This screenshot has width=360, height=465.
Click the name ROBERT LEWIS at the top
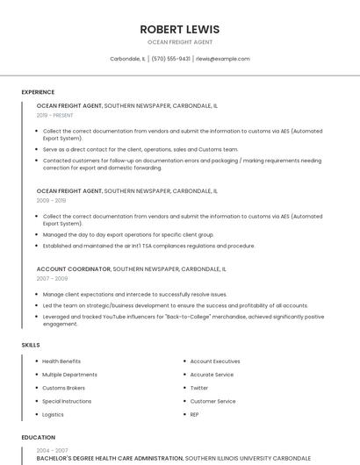[x=179, y=29]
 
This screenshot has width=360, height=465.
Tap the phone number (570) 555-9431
[x=170, y=59]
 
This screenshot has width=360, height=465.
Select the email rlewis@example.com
[x=223, y=59]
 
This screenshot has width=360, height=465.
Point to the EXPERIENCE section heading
[x=38, y=92]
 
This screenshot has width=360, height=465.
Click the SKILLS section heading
[x=31, y=345]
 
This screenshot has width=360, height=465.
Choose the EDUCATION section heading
[x=39, y=437]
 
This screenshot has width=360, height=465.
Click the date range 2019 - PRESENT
[x=55, y=115]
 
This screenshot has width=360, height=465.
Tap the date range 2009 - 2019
[x=51, y=200]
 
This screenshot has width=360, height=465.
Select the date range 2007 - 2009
[x=52, y=278]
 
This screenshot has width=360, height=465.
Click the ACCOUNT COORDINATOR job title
[x=74, y=269]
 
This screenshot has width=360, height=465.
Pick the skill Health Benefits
[x=61, y=361]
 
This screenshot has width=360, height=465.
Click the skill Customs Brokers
[x=63, y=388]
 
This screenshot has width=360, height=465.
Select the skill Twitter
[x=199, y=388]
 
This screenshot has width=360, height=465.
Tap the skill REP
[x=195, y=414]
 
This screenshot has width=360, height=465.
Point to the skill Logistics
[x=53, y=414]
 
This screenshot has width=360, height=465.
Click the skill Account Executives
[x=215, y=361]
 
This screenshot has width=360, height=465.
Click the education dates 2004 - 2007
[x=52, y=449]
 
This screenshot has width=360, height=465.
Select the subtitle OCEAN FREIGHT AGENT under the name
[x=179, y=42]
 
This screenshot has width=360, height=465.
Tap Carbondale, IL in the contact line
[x=127, y=59]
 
